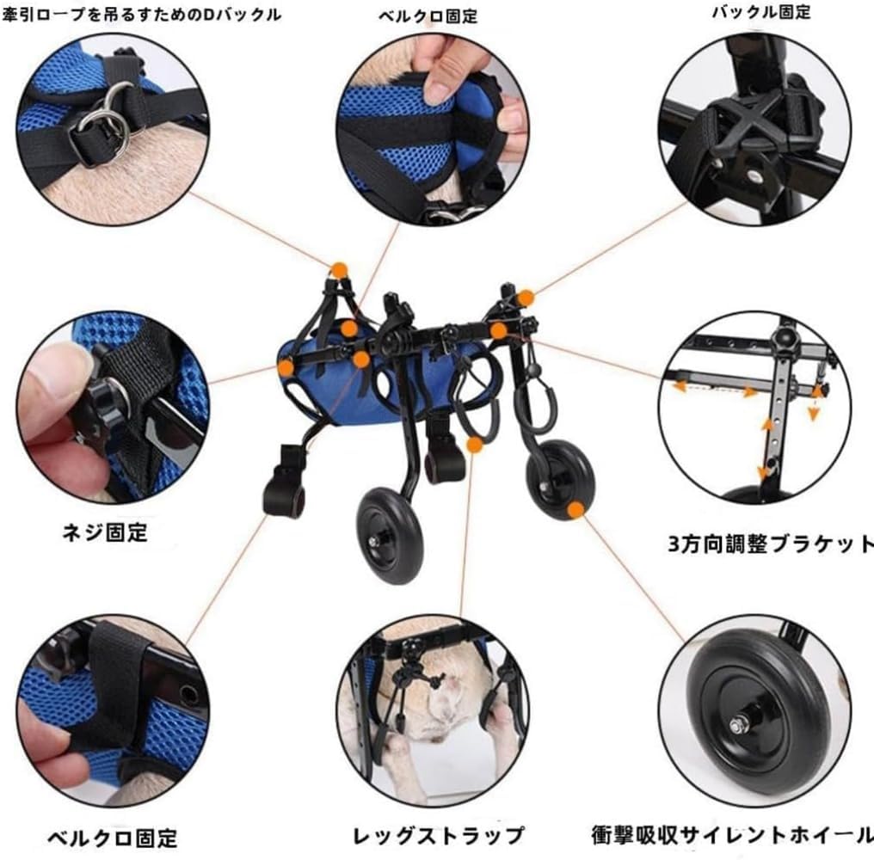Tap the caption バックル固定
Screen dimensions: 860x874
760,13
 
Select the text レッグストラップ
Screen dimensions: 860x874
438,835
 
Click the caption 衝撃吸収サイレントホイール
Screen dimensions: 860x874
732,834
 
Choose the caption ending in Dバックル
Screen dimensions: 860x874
141,15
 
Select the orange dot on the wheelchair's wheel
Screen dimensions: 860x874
575,509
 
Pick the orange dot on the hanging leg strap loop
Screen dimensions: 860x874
474,444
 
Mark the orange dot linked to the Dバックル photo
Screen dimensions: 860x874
339,270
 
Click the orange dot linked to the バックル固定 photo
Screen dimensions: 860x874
525,298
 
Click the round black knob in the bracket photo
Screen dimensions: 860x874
785,338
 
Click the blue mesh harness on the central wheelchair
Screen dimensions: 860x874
327,391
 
